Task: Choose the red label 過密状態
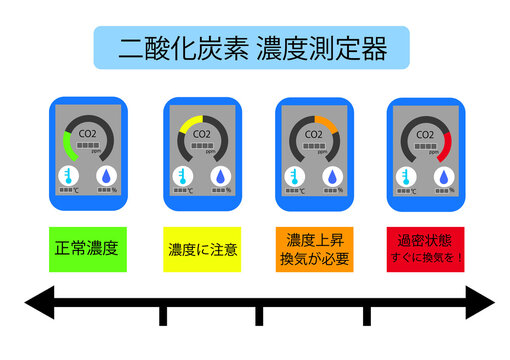pyautogui.click(x=425, y=241)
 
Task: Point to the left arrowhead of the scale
pyautogui.click(x=40, y=303)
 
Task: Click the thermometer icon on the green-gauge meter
pyautogui.click(x=68, y=177)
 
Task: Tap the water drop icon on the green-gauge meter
pyautogui.click(x=105, y=177)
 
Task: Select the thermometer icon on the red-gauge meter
pyautogui.click(x=405, y=177)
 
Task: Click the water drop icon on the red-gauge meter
pyautogui.click(x=442, y=177)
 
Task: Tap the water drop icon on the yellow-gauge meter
pyautogui.click(x=218, y=177)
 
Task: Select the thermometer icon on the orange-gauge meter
pyautogui.click(x=293, y=177)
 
